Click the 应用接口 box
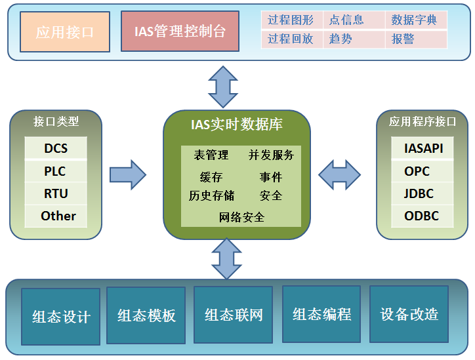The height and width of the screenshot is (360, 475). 65,31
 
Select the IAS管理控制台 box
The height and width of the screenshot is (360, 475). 180,31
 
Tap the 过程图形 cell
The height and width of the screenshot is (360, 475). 291,20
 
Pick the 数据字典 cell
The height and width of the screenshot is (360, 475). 415,20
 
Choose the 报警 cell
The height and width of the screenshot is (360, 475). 415,39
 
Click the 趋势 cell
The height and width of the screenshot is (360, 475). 352,39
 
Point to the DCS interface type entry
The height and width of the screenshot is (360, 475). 56,149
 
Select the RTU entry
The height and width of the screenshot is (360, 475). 56,193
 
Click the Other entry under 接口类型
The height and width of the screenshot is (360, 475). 58,216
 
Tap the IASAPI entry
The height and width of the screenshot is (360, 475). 423,149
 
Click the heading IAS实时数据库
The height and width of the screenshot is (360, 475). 237,123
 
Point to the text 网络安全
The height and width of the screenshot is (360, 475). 241,217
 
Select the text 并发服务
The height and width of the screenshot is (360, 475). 271,155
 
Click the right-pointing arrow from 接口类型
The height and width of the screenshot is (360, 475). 127,174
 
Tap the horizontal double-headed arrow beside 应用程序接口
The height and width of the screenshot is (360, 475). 339,174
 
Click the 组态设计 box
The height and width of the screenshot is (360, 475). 61,317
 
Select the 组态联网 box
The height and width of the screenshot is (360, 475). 234,315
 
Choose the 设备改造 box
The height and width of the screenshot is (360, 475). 409,314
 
